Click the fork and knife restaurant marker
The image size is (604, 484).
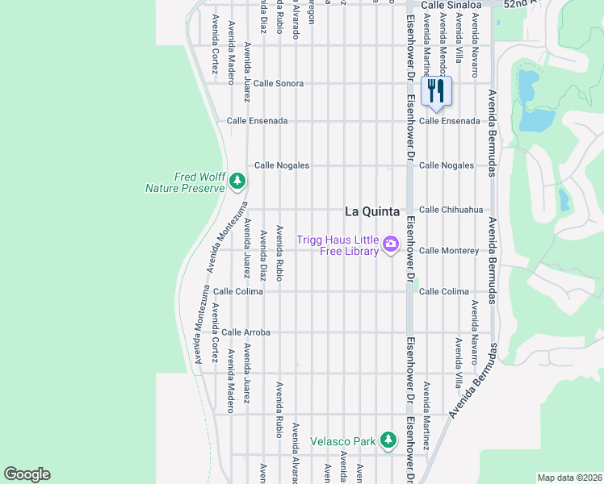(x=436, y=91)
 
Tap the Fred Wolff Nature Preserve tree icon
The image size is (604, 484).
(x=237, y=181)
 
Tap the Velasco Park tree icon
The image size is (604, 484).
(x=388, y=440)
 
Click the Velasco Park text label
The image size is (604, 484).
(x=343, y=441)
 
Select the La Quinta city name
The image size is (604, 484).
(x=372, y=211)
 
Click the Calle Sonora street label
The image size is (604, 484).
(x=278, y=84)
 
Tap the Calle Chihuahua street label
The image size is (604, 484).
(x=451, y=210)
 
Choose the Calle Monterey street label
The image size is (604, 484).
(x=448, y=251)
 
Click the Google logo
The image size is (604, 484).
(x=27, y=474)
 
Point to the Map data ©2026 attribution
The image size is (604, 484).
(x=569, y=478)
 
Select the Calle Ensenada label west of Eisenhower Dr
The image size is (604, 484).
(x=257, y=121)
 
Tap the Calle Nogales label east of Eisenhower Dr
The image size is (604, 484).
(x=446, y=165)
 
